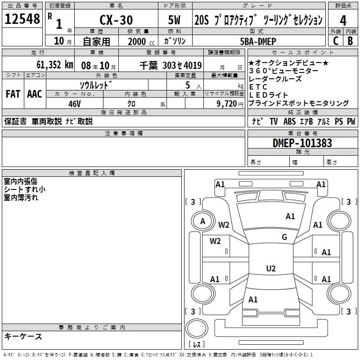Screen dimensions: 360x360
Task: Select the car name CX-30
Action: click(115, 20)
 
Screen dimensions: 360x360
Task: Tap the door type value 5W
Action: click(175, 20)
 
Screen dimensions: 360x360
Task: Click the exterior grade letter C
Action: click(335, 40)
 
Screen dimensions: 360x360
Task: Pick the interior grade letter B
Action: click(350, 40)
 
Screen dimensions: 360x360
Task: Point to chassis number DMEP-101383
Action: click(302, 143)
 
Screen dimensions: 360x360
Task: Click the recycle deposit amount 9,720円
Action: click(230, 103)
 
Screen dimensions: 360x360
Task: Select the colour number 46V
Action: click(74, 103)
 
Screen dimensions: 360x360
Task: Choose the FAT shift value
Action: click(13, 94)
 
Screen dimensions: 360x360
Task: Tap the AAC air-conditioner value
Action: click(34, 94)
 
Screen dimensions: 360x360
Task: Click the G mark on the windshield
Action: click(284, 237)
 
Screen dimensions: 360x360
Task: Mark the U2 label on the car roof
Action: click(270, 269)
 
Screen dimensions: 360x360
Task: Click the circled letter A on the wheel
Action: click(202, 221)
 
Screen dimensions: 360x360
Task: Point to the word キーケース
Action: click(23, 336)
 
